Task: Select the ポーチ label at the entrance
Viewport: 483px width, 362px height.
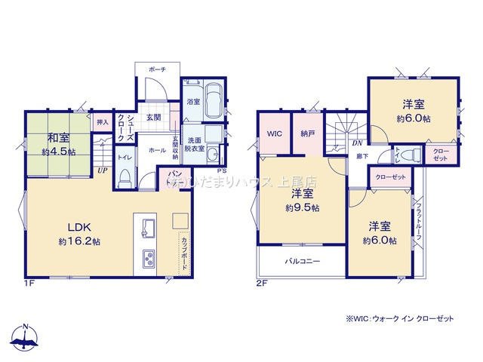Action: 157,69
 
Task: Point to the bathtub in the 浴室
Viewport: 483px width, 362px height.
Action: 213,103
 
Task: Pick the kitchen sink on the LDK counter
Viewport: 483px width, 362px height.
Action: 147,227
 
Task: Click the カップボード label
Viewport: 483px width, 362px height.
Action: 184,255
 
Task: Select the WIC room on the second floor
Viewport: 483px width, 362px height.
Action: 274,133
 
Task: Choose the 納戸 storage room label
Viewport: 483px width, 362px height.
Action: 306,133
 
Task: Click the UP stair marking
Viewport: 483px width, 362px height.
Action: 101,170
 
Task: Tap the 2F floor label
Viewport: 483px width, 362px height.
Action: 262,284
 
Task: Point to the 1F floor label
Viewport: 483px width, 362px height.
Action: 29,284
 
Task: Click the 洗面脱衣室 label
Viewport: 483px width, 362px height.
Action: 193,145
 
